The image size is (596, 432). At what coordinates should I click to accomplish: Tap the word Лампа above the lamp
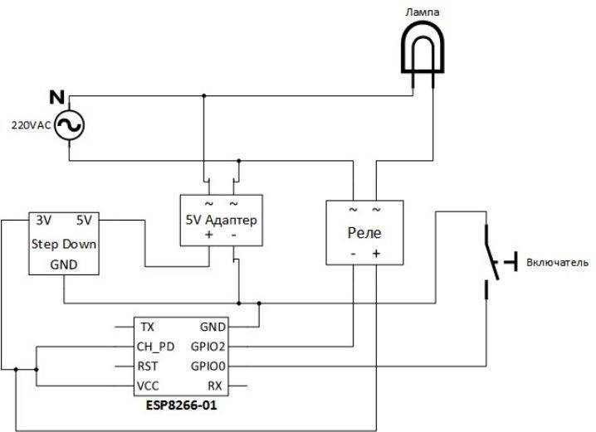pyautogui.click(x=423, y=12)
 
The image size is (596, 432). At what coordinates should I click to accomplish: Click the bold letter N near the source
pyautogui.click(x=57, y=98)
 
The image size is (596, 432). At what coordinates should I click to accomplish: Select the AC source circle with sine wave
pyautogui.click(x=69, y=125)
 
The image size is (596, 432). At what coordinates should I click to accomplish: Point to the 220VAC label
pyautogui.click(x=32, y=125)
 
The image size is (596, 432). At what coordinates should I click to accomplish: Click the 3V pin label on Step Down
pyautogui.click(x=44, y=221)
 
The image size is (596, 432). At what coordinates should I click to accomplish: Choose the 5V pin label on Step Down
pyautogui.click(x=84, y=221)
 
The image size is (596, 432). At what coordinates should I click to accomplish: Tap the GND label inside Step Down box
pyautogui.click(x=64, y=265)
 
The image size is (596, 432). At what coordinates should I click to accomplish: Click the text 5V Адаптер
pyautogui.click(x=222, y=220)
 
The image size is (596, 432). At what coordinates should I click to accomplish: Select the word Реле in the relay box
pyautogui.click(x=364, y=233)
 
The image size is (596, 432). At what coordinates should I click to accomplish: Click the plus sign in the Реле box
pyautogui.click(x=376, y=253)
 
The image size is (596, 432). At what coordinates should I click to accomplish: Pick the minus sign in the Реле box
pyautogui.click(x=353, y=254)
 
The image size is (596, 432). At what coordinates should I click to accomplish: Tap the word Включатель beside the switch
pyautogui.click(x=557, y=262)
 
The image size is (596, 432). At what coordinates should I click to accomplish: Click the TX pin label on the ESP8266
pyautogui.click(x=148, y=327)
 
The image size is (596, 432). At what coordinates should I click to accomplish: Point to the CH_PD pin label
pyautogui.click(x=155, y=347)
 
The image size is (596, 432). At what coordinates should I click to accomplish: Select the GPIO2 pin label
pyautogui.click(x=208, y=347)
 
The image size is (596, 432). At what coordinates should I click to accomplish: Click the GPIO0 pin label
pyautogui.click(x=208, y=366)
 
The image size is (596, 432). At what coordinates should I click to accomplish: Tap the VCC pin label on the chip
pyautogui.click(x=148, y=386)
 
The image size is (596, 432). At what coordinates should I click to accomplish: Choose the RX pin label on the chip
pyautogui.click(x=215, y=386)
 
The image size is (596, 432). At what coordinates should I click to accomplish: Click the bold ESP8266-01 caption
pyautogui.click(x=182, y=405)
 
